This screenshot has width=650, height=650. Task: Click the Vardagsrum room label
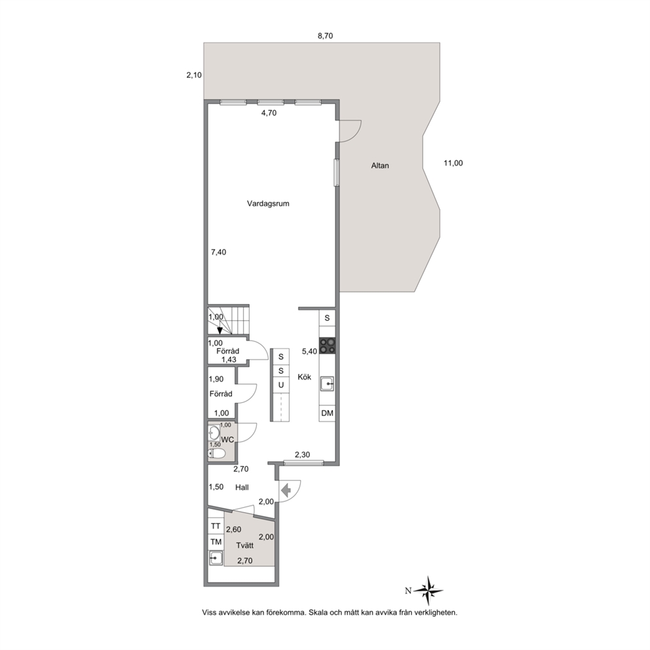pyautogui.click(x=268, y=204)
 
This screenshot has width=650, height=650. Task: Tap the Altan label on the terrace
pyautogui.click(x=380, y=165)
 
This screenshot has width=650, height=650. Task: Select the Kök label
pyautogui.click(x=304, y=377)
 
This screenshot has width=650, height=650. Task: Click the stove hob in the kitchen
pyautogui.click(x=327, y=346)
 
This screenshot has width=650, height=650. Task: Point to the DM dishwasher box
pyautogui.click(x=327, y=413)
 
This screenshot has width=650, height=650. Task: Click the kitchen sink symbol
pyautogui.click(x=327, y=384)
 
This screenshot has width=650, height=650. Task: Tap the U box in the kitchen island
pyautogui.click(x=280, y=385)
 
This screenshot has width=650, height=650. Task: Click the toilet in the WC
pyautogui.click(x=217, y=453)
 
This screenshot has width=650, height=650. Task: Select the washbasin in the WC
pyautogui.click(x=214, y=432)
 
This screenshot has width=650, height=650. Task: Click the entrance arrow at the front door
pyautogui.click(x=286, y=491)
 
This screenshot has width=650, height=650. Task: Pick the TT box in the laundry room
pyautogui.click(x=216, y=526)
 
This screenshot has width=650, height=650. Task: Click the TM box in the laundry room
pyautogui.click(x=216, y=542)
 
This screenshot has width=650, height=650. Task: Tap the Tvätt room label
pyautogui.click(x=244, y=546)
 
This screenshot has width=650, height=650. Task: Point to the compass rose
pyautogui.click(x=429, y=590)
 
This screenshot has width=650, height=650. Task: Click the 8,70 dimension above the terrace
pyautogui.click(x=325, y=36)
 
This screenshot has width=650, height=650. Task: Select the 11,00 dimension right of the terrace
pyautogui.click(x=453, y=163)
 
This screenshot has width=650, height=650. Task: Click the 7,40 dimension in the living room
pyautogui.click(x=218, y=252)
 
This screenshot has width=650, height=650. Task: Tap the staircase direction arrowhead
pyautogui.click(x=220, y=330)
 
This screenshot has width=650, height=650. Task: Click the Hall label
pyautogui.click(x=242, y=487)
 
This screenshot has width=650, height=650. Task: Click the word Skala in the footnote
pyautogui.click(x=318, y=612)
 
